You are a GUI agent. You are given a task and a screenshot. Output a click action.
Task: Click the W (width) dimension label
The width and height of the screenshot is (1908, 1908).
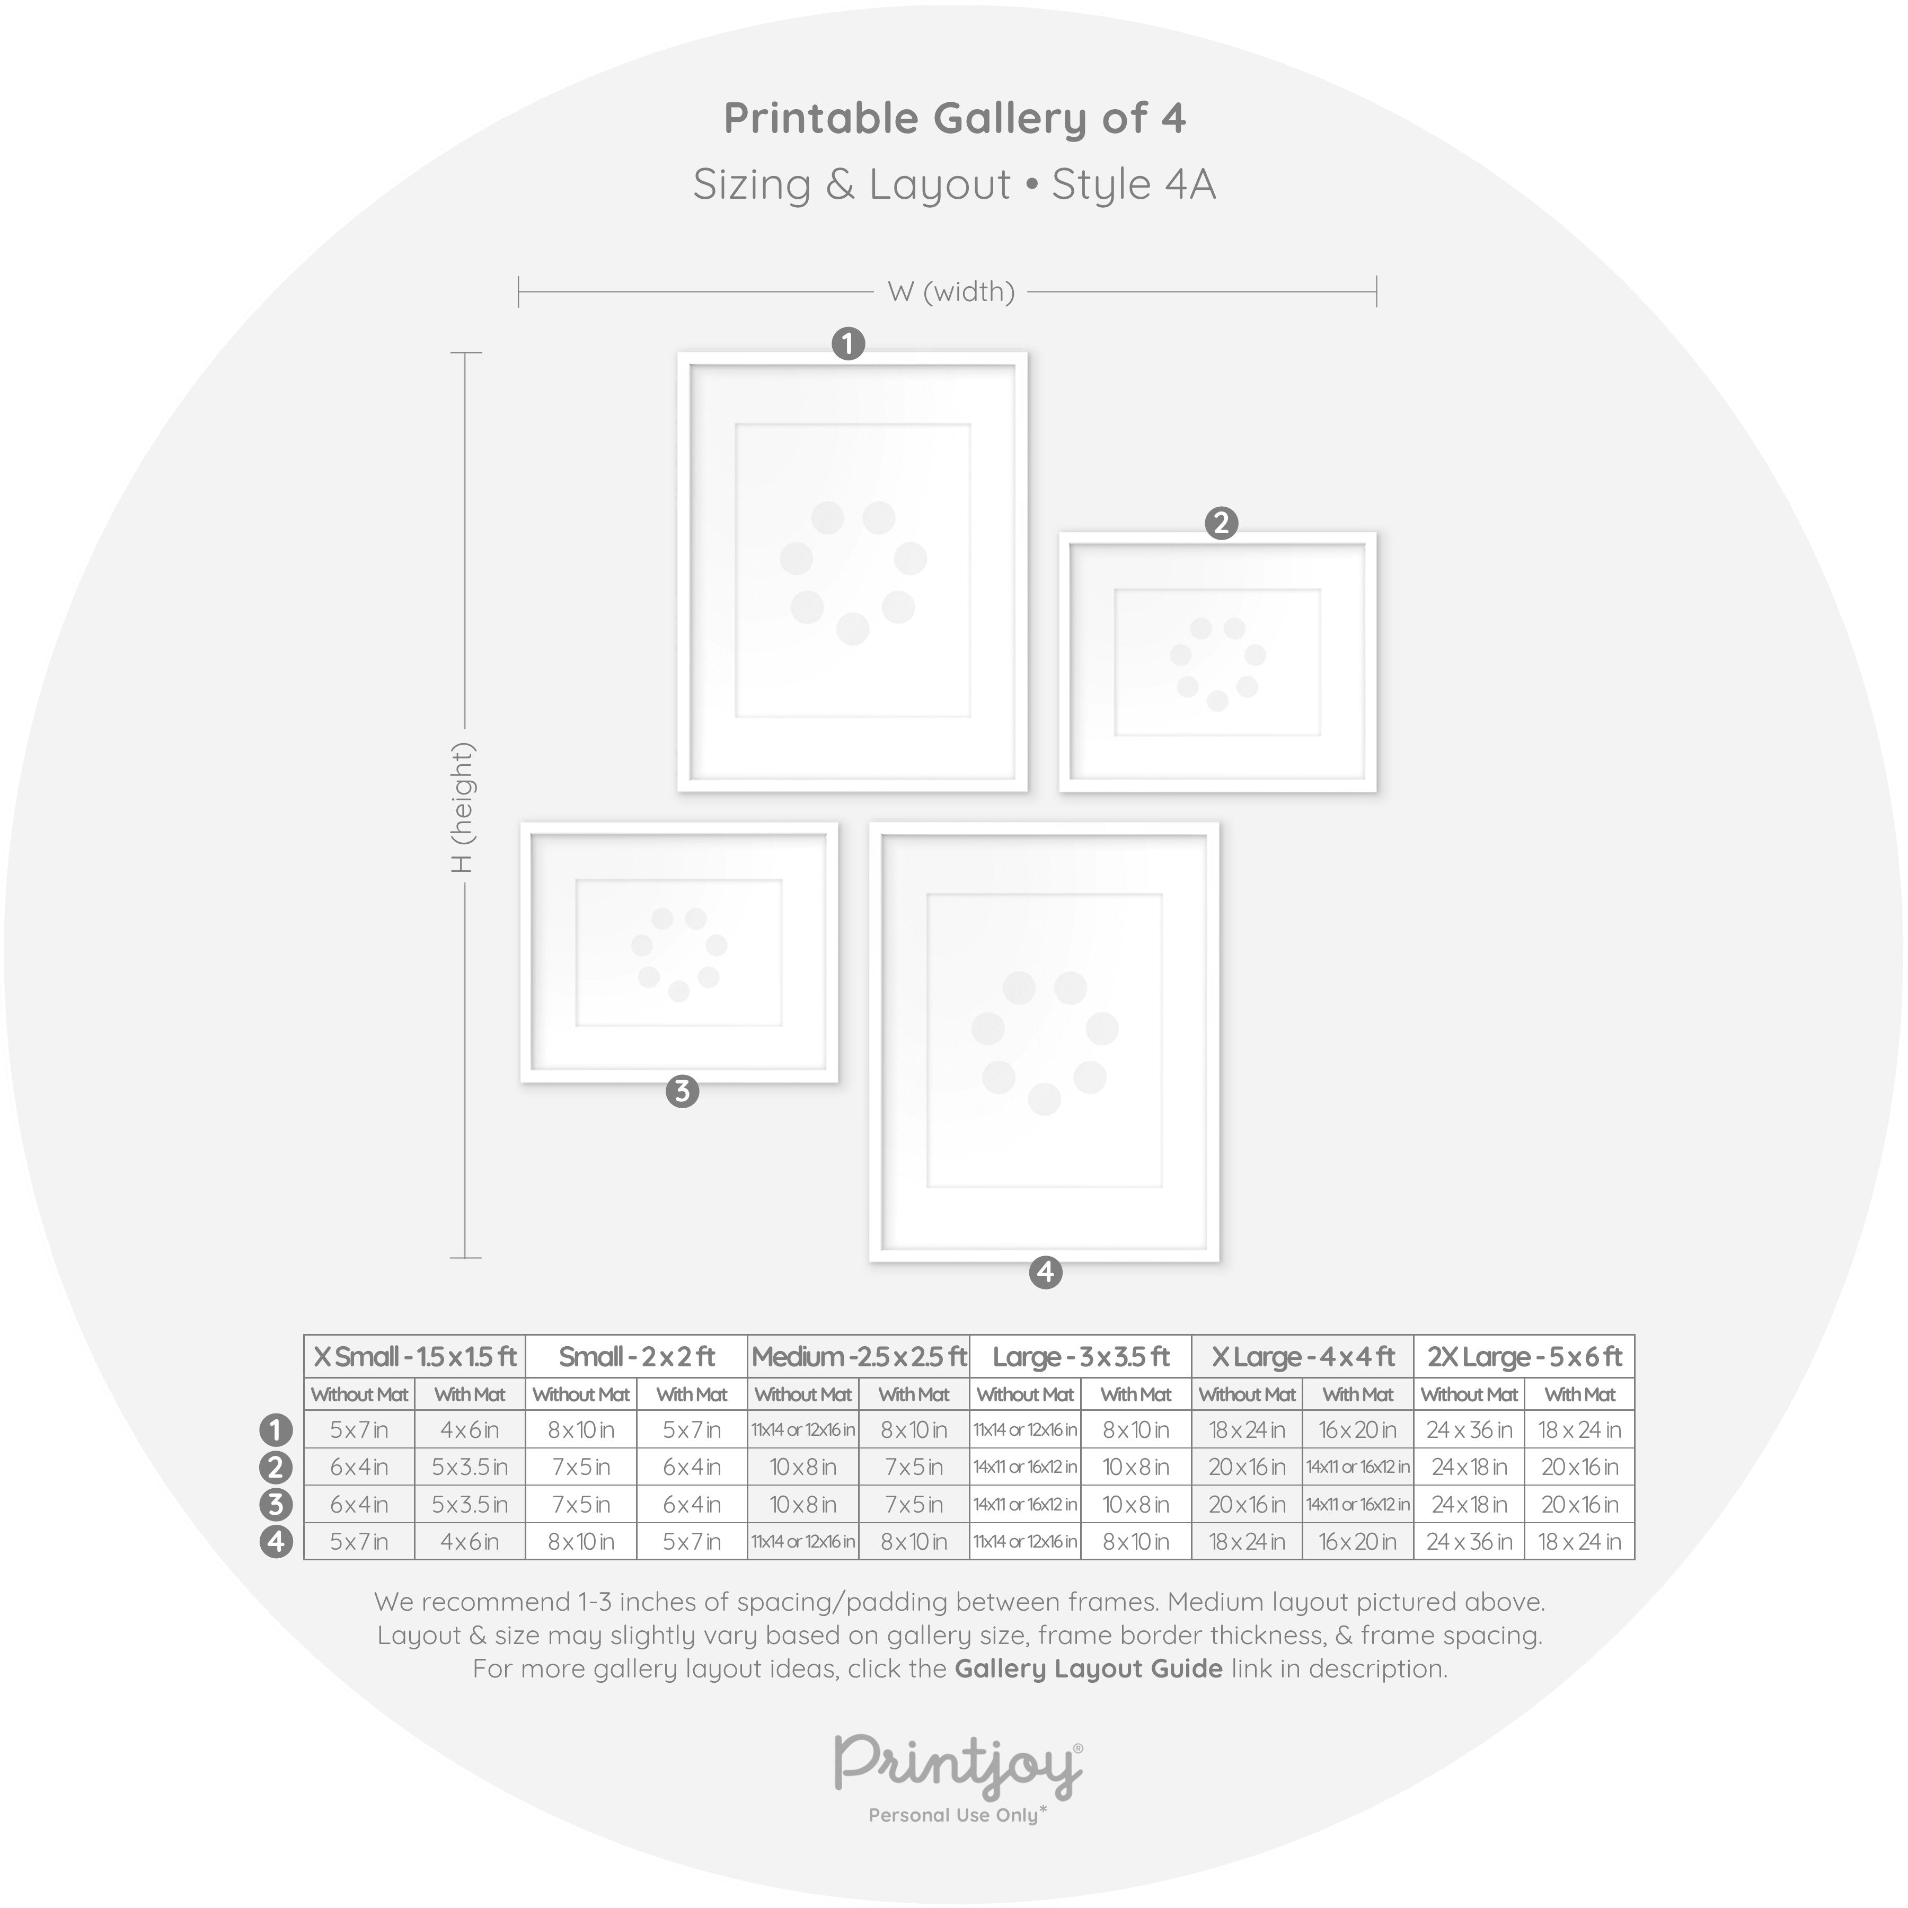[x=951, y=293]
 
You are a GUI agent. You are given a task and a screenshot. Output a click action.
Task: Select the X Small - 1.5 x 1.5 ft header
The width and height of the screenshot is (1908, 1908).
[x=415, y=1357]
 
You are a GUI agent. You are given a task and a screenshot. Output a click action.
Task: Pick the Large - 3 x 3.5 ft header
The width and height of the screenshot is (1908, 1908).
[x=1081, y=1357]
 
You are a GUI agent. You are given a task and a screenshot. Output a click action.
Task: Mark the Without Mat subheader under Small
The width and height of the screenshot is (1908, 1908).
[x=581, y=1394]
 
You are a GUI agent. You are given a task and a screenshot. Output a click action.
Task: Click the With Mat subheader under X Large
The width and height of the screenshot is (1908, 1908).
[x=1358, y=1394]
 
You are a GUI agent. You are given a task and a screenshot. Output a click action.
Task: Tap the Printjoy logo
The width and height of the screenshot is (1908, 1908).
[x=958, y=1765]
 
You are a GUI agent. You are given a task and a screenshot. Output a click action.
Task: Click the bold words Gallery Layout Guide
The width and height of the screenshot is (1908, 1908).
[x=1088, y=1669]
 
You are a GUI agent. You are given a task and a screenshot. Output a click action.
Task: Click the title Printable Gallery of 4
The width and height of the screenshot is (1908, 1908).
[x=954, y=119]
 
